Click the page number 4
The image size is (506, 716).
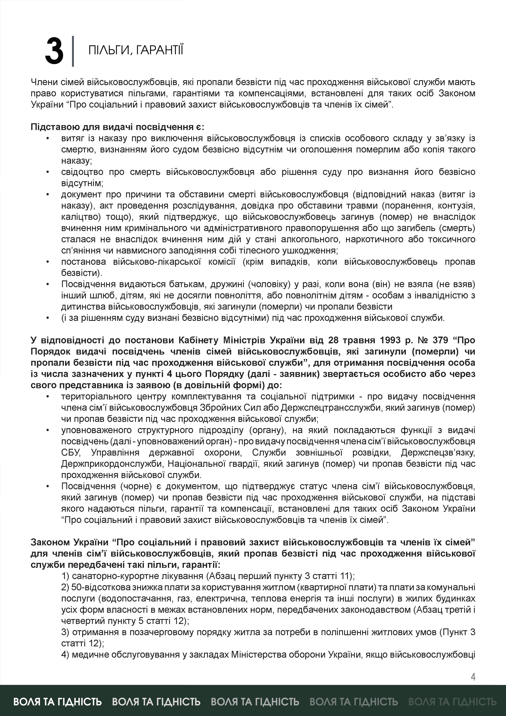(x=473, y=677)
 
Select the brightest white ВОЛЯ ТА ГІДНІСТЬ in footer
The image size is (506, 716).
(x=58, y=702)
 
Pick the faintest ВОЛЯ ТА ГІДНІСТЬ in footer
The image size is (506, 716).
(x=452, y=702)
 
